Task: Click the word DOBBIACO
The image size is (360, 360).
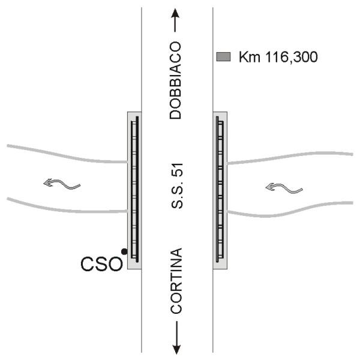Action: click(x=176, y=80)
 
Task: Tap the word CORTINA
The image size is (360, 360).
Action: click(x=176, y=281)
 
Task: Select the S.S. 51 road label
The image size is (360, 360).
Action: click(x=177, y=186)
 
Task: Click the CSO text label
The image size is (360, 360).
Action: click(x=101, y=264)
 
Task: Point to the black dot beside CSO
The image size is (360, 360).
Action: click(x=124, y=251)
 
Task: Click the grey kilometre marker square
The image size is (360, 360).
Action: click(x=223, y=57)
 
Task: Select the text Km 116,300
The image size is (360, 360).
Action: click(x=278, y=57)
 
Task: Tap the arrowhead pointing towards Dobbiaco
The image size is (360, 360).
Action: click(x=176, y=13)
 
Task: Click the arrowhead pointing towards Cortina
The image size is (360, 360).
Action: click(x=176, y=349)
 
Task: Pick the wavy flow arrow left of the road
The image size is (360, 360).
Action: click(x=62, y=184)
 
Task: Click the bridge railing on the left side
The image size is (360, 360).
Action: click(x=135, y=189)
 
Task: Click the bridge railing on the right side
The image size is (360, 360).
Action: click(x=220, y=189)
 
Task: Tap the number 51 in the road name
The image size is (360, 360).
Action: click(x=177, y=170)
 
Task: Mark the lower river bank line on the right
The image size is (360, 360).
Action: click(x=290, y=210)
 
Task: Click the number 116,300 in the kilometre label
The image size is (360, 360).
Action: click(x=292, y=57)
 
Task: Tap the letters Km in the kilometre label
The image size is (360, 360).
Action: click(x=250, y=57)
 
